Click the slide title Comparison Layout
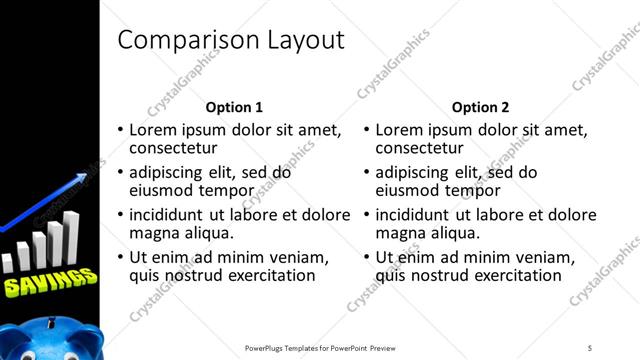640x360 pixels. tap(231, 40)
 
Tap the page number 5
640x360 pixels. tap(590, 348)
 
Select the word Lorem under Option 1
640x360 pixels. tap(158, 130)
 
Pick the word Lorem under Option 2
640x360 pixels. tap(404, 130)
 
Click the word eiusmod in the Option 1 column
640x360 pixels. tap(164, 190)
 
